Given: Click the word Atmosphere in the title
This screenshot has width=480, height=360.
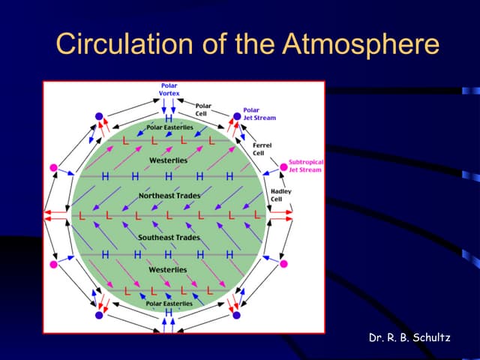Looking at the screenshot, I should pos(360,44).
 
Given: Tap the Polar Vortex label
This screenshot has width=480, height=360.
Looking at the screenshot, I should pos(169,89).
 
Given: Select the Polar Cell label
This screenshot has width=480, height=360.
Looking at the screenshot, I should pos(203,109).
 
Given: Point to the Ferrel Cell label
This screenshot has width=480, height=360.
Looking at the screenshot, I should pos(262,148).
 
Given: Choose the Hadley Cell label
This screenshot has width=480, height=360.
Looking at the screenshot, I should pos(280,195).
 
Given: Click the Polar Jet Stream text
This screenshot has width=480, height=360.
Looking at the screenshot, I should pos(259,114).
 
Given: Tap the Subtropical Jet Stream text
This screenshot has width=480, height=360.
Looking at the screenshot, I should pos(304,166).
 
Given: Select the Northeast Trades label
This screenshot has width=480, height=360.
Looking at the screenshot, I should pos(169,195).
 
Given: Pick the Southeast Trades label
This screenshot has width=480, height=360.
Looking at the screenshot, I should pos(169,237).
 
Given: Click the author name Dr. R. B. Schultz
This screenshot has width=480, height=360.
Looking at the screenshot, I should pos(409,337).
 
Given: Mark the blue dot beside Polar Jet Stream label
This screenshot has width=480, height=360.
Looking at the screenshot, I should pos(237,116).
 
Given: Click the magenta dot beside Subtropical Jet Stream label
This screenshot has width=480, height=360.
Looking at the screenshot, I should pos(283,166).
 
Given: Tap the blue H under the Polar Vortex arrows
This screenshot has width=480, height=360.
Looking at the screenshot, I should pos(169,118).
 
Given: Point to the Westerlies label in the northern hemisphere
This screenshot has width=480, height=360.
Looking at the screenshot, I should pos(169,160).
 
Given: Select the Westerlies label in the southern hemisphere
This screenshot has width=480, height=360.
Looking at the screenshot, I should pos(169,269).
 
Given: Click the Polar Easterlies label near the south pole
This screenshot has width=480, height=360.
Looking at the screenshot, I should pos(169,304).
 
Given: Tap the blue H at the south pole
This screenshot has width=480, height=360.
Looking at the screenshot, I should pos(169,312).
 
